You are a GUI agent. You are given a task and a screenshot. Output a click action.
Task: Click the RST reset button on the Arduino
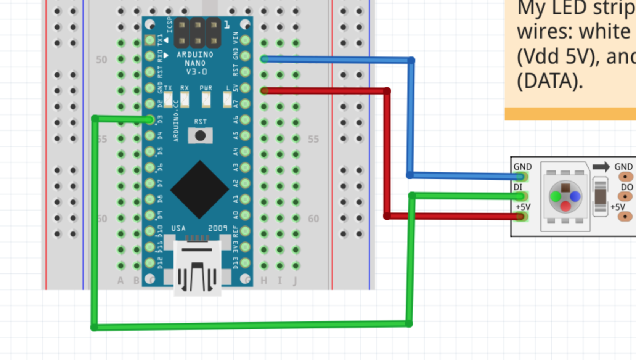[x=200, y=135]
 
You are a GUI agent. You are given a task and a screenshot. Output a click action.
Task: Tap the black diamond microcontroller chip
[x=199, y=190]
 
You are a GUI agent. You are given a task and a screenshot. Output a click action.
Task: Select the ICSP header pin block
[x=198, y=32]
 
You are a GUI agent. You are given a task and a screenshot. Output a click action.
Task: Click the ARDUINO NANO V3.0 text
[x=195, y=63]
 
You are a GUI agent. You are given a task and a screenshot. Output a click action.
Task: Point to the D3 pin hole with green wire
[x=150, y=120]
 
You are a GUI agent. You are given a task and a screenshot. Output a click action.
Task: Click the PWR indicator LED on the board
[x=206, y=99]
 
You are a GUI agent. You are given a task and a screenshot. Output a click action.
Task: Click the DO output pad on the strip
[x=625, y=196]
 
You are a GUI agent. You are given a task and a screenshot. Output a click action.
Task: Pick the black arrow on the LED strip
[x=601, y=167]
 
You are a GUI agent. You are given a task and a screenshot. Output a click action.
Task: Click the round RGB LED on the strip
[x=565, y=196]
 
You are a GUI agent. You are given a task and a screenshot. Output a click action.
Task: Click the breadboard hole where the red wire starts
[x=264, y=91]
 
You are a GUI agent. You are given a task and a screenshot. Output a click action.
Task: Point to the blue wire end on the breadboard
[x=264, y=59]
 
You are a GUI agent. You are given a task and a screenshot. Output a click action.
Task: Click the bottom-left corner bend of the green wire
[x=94, y=327]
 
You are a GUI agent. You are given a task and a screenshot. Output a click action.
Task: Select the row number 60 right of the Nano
[x=313, y=219]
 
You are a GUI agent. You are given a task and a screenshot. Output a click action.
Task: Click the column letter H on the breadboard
[x=264, y=281]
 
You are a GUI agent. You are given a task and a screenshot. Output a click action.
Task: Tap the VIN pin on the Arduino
[x=246, y=40]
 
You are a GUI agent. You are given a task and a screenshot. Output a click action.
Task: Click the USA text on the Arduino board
[x=178, y=228]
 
